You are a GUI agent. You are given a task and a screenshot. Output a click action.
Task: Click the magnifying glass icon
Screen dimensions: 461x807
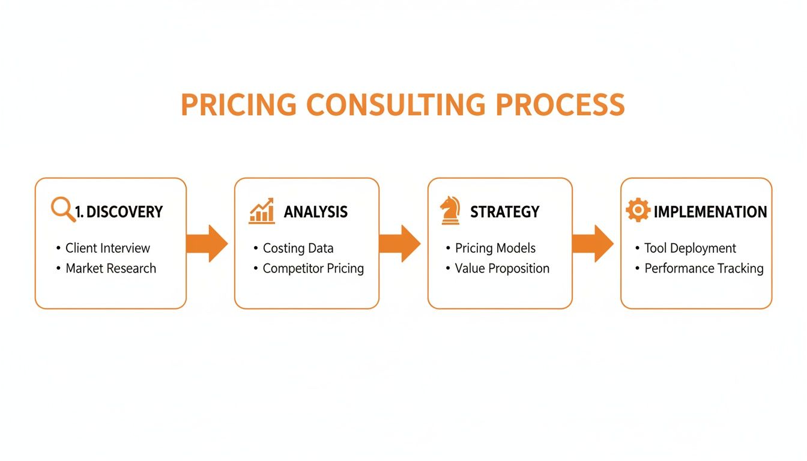click(x=62, y=210)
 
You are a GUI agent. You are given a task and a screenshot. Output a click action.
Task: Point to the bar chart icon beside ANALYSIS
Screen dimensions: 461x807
click(x=262, y=211)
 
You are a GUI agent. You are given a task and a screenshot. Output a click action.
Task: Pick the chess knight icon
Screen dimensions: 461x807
click(x=450, y=211)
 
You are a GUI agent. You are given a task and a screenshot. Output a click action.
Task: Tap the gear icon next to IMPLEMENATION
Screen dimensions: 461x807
click(x=637, y=211)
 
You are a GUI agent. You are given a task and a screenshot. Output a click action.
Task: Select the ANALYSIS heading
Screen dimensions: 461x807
click(x=315, y=212)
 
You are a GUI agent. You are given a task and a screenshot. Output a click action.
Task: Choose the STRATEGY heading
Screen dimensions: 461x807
click(x=504, y=212)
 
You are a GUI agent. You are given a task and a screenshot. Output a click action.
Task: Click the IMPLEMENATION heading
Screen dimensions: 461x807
click(x=710, y=212)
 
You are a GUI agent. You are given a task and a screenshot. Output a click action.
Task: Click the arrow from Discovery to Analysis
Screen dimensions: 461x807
click(x=207, y=244)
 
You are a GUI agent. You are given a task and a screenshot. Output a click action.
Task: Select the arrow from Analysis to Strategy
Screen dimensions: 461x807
click(x=400, y=244)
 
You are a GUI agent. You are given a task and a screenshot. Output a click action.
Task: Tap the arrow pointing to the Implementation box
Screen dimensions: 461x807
click(x=593, y=244)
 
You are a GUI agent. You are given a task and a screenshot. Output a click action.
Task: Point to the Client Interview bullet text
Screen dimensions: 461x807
click(x=107, y=248)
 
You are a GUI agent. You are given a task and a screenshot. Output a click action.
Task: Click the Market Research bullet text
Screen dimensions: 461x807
click(x=110, y=268)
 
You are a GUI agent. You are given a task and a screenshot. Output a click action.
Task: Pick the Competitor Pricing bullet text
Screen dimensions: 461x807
click(x=313, y=268)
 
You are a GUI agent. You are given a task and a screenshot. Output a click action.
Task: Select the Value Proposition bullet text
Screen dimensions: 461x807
click(x=502, y=268)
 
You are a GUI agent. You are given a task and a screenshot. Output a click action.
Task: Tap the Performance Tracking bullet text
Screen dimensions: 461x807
click(x=704, y=268)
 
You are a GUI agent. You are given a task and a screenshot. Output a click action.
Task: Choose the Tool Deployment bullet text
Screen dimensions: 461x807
click(x=690, y=248)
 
